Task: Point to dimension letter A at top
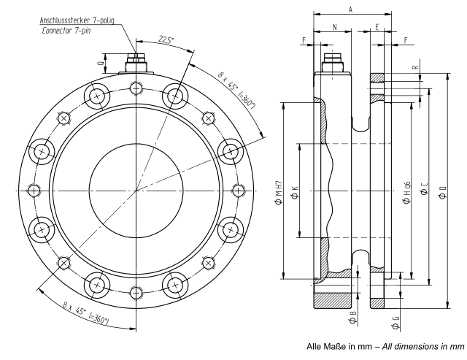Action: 351,9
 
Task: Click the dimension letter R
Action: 416,68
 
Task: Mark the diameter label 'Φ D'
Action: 443,191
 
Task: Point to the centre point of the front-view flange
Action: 136,191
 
